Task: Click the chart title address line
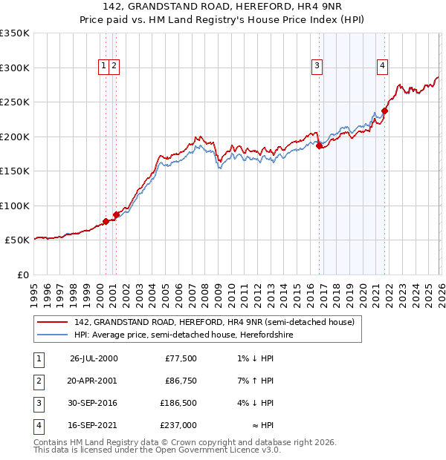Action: tap(223, 7)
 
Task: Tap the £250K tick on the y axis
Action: tap(15, 102)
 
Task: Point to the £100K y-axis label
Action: tap(15, 206)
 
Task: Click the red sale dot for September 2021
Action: tap(384, 111)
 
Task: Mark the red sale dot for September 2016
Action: tap(320, 146)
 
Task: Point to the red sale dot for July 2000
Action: tap(106, 221)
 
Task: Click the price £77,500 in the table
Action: tap(181, 358)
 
